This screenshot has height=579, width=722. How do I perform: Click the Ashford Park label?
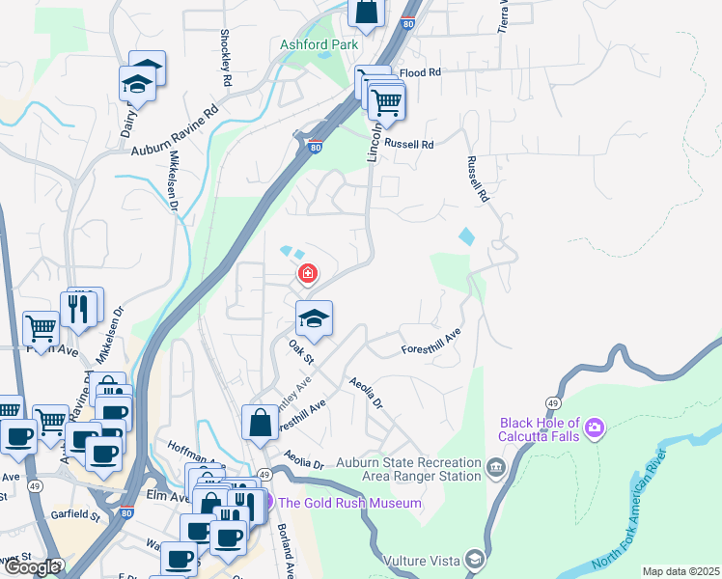(x=319, y=44)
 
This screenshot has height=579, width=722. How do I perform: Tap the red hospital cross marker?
(x=308, y=274)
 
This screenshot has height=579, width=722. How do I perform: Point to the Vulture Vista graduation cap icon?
(x=474, y=559)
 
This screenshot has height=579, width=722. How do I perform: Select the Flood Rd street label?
(x=419, y=72)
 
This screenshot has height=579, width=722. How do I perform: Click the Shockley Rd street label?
(x=224, y=59)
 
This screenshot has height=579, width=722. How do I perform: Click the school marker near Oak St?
(x=314, y=317)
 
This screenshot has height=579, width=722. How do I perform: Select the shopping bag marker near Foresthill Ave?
(x=261, y=421)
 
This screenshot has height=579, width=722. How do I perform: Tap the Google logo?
(x=31, y=567)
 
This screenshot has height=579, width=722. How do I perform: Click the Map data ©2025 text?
(x=680, y=571)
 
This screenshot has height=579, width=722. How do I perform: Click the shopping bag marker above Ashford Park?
(x=367, y=13)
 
